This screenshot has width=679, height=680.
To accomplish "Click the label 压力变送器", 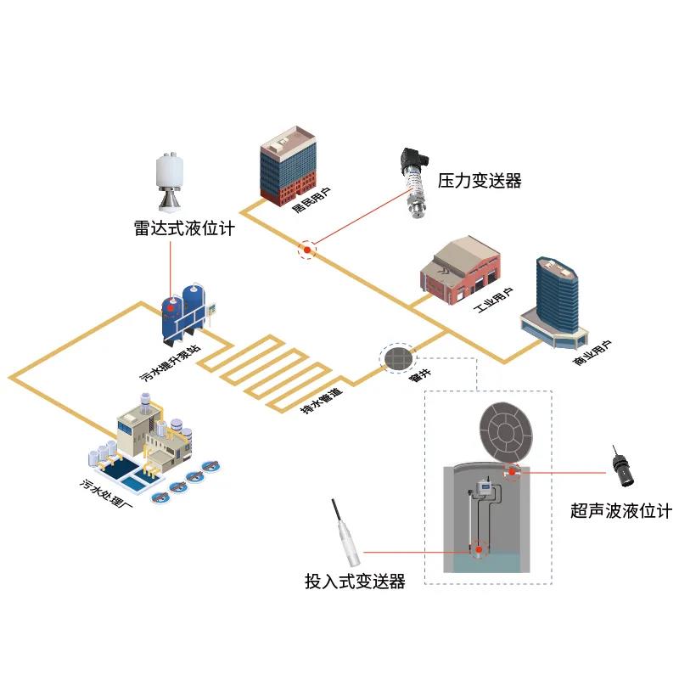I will pos(479,181).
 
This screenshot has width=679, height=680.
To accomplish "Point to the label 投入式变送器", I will pos(355,582).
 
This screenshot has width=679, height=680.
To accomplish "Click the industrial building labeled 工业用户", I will pos(454,270).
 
